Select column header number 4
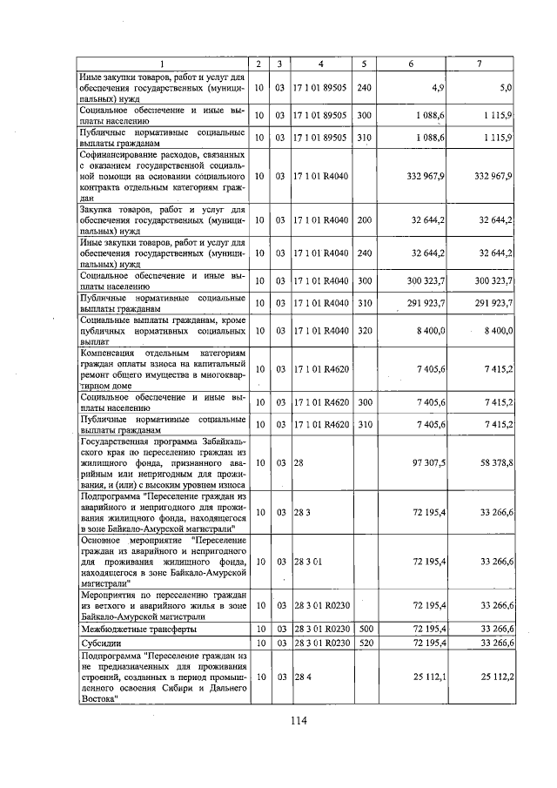point(321,64)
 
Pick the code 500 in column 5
point(365,628)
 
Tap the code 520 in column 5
point(365,643)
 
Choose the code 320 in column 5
point(365,331)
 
